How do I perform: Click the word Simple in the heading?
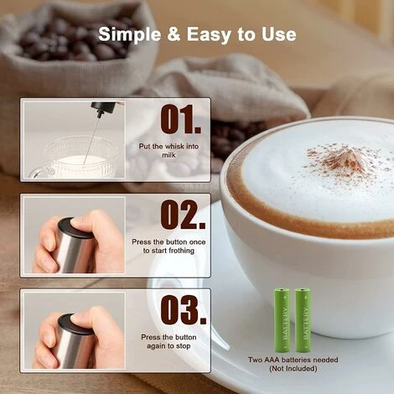[130, 34]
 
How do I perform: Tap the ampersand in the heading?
[174, 34]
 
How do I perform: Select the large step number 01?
[180, 119]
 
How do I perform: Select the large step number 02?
[183, 215]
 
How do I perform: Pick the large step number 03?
[184, 309]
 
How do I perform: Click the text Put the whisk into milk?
[168, 150]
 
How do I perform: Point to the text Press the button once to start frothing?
[168, 246]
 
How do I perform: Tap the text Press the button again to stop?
[168, 341]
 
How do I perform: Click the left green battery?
[283, 320]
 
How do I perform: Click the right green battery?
[303, 320]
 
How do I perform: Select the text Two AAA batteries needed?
[293, 360]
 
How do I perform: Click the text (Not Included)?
[293, 369]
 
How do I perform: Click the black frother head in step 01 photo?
[103, 108]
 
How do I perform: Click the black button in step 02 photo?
[75, 228]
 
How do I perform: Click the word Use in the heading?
[278, 34]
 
